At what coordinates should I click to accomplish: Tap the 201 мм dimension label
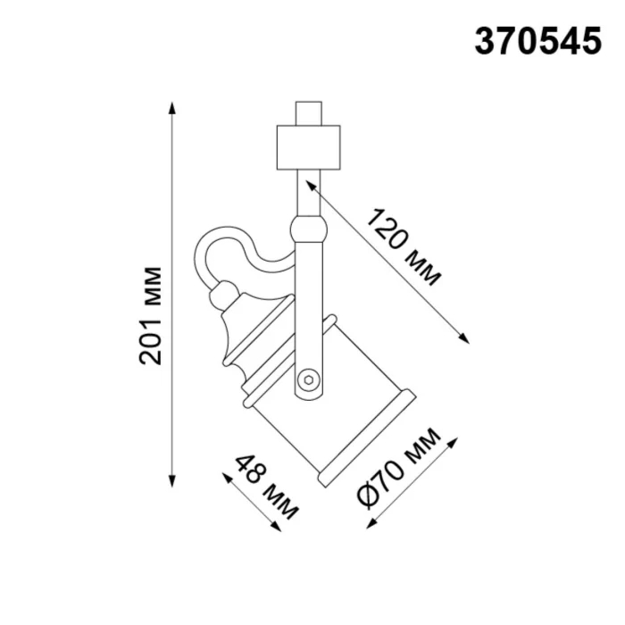coord(153,314)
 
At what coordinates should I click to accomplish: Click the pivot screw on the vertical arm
coord(309,379)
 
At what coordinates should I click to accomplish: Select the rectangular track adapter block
coord(309,146)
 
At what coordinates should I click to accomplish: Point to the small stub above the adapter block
coord(309,114)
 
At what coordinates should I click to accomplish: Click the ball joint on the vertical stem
coord(309,229)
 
